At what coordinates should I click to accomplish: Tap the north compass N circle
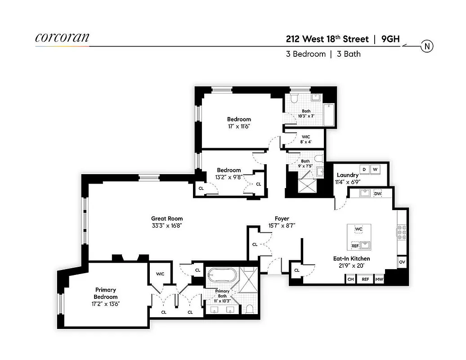click(426, 46)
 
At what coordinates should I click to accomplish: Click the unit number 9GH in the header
click(390, 39)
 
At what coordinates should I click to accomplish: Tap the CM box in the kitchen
click(350, 279)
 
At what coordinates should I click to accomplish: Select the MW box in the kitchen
click(379, 279)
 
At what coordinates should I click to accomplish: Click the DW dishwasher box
click(378, 193)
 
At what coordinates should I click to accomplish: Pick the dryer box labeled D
click(363, 169)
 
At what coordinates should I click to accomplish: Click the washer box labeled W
click(375, 169)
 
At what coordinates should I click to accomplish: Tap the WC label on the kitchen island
click(358, 229)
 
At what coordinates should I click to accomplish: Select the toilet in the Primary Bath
click(249, 309)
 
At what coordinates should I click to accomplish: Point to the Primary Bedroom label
click(106, 293)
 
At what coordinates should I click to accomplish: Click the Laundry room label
click(347, 175)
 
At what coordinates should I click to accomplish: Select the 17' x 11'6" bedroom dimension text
click(239, 126)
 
